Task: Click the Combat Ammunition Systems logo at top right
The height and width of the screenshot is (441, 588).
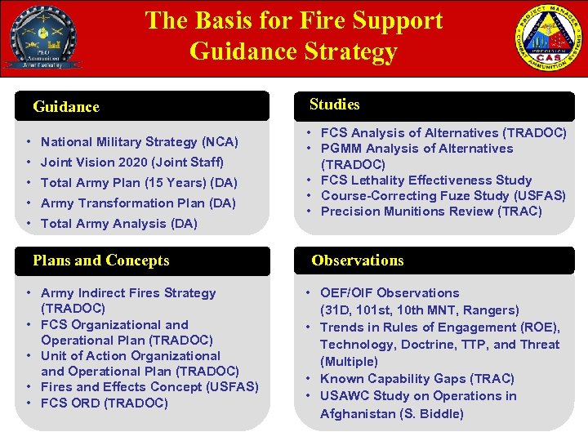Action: [x=550, y=40]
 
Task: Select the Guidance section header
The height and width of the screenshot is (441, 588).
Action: [x=66, y=107]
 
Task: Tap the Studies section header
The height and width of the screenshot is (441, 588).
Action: [x=334, y=105]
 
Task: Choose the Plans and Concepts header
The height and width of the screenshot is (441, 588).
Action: [x=101, y=261]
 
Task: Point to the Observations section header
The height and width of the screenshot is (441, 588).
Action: [x=357, y=261]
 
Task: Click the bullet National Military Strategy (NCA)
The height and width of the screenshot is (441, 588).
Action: [x=139, y=141]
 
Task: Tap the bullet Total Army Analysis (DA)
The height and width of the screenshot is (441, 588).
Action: [x=118, y=223]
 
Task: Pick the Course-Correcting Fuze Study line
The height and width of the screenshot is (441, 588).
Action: [x=443, y=195]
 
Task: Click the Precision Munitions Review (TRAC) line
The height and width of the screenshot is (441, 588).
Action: [x=431, y=211]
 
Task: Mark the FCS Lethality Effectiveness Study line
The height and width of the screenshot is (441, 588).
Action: [x=426, y=180]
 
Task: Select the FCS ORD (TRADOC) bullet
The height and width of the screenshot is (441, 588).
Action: [x=104, y=403]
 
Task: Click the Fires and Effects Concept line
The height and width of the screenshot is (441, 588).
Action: [x=149, y=387]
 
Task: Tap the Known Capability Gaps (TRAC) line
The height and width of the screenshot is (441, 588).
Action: [x=416, y=378]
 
